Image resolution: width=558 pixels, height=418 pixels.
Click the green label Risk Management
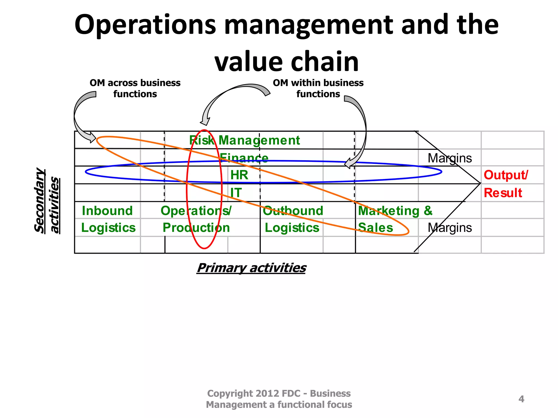point(244,140)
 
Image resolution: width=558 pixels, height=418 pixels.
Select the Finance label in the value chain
point(244,158)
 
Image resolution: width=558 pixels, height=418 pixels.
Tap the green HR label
point(239,175)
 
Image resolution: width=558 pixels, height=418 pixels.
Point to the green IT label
point(236,193)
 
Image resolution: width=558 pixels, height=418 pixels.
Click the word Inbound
point(107,211)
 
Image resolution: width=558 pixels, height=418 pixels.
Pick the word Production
point(196,228)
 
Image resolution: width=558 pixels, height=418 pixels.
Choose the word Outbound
point(293,211)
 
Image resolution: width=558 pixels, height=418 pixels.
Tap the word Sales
point(375,228)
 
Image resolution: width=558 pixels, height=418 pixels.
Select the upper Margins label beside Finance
point(450,158)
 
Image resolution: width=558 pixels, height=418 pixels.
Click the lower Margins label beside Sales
point(450,228)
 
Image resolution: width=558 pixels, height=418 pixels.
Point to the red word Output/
point(506,175)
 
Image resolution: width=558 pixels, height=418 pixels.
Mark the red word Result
point(503,193)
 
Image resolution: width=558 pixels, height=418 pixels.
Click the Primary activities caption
point(251,268)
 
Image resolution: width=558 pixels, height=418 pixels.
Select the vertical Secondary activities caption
point(47,201)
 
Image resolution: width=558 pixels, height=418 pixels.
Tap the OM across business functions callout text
point(135,88)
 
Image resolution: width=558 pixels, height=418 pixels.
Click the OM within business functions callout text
point(318,88)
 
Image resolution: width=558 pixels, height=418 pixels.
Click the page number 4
point(521,399)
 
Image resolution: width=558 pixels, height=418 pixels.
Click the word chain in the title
point(325,62)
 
